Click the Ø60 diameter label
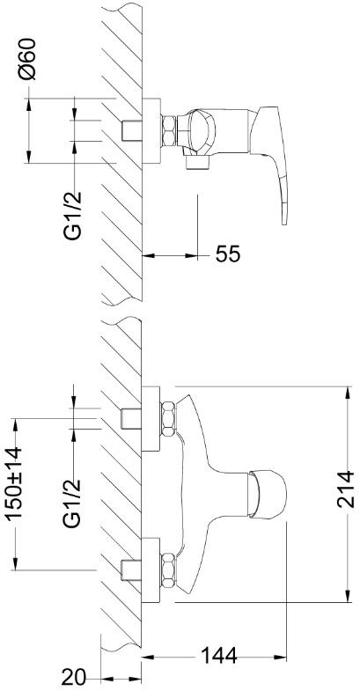pyautogui.click(x=27, y=59)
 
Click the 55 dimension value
pyautogui.click(x=228, y=254)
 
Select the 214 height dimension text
pyautogui.click(x=346, y=489)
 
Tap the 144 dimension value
pyautogui.click(x=219, y=656)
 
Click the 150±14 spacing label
pyautogui.click(x=13, y=483)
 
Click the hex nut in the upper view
pyautogui.click(x=169, y=131)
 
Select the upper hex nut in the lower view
pyautogui.click(x=168, y=419)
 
